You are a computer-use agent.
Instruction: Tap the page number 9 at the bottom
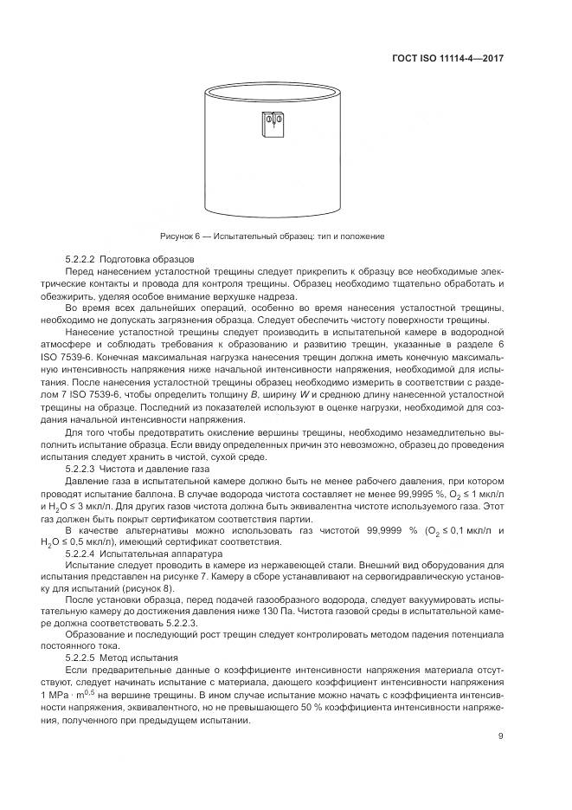click(x=501, y=736)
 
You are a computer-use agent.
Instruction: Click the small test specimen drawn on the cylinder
click(x=271, y=125)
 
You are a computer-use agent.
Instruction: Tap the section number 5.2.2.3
click(x=80, y=469)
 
